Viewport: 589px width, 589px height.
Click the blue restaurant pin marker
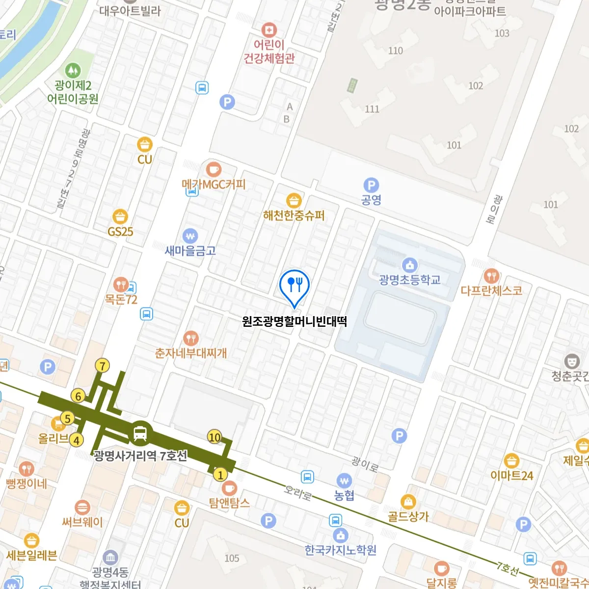click(294, 285)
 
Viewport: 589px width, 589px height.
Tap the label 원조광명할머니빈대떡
click(294, 321)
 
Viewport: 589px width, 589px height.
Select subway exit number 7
click(102, 366)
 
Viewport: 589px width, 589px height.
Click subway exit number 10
click(214, 437)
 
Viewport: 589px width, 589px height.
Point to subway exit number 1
click(220, 475)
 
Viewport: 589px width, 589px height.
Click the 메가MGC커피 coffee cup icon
click(214, 170)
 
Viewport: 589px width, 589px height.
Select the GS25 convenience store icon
click(120, 216)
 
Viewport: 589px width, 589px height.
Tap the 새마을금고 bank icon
click(190, 236)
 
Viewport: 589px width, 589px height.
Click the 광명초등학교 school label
click(410, 280)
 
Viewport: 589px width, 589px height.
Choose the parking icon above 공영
click(371, 186)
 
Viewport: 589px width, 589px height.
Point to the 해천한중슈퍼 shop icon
click(294, 201)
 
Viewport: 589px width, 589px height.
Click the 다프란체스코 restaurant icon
click(491, 276)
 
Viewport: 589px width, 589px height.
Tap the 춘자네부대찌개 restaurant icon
click(190, 338)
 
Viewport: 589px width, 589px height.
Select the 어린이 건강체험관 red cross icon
click(268, 30)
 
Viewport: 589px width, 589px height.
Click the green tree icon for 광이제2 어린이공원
click(73, 71)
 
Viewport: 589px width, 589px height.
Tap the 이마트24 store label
click(511, 475)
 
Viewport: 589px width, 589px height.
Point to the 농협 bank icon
click(344, 481)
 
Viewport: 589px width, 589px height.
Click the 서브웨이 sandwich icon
click(82, 508)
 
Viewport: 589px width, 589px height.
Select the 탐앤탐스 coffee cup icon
click(229, 488)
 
